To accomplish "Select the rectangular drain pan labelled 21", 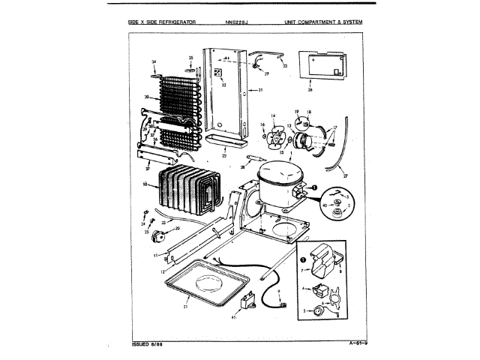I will (202, 284).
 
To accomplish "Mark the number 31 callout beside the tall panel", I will (260, 90).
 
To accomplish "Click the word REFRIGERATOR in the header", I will (175, 22).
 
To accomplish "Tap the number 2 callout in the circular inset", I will (348, 203).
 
